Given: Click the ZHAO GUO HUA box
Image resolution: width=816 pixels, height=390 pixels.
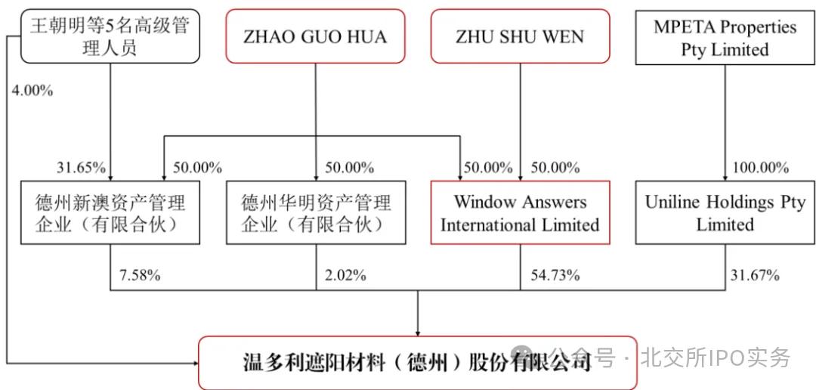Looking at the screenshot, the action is tap(314, 36).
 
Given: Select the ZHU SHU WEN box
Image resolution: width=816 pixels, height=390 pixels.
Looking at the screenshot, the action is tap(520, 36).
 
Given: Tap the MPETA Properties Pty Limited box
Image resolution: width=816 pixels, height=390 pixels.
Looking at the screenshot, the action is tap(725, 39).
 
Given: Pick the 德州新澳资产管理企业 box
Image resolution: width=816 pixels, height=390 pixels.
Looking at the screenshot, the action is tap(110, 213).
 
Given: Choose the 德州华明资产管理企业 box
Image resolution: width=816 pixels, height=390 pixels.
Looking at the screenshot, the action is tap(316, 213).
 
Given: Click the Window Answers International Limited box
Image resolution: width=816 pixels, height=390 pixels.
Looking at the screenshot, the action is tap(520, 213).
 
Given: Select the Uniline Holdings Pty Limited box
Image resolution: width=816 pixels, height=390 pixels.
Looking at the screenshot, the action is tap(725, 213).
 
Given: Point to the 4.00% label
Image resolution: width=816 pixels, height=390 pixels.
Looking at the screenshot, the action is tap(32, 91).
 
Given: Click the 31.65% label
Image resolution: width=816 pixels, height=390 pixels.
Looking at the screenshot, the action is tap(81, 167).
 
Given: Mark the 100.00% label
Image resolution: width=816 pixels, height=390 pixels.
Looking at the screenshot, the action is tap(759, 167).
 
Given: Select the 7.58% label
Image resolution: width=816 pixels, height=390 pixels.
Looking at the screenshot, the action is tap(140, 275).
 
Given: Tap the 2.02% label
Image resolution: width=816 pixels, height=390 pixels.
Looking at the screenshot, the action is tap(345, 275).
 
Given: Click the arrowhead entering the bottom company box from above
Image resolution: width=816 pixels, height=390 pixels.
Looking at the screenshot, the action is tap(418, 330).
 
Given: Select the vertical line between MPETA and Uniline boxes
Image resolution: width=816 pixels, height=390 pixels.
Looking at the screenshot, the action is tap(725, 121).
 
